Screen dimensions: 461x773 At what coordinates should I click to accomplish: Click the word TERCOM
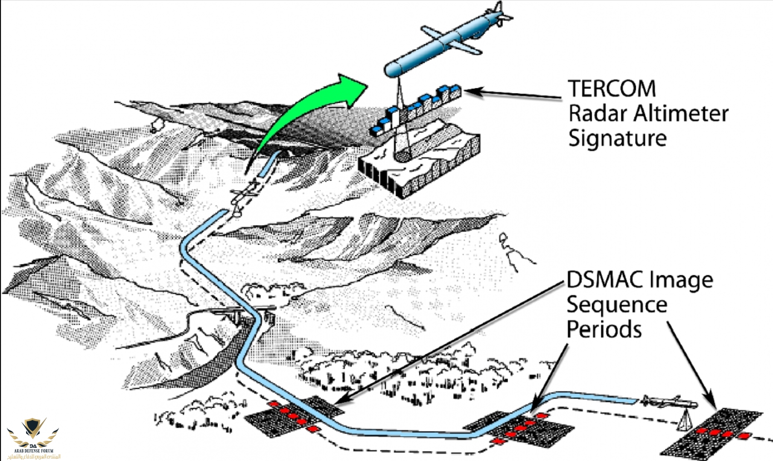tap(612, 89)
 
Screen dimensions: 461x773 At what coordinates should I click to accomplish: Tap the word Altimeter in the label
tap(681, 114)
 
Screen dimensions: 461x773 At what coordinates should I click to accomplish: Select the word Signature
tap(617, 138)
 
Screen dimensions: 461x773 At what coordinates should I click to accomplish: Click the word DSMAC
tap(605, 280)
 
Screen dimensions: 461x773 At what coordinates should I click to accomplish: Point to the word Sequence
tap(617, 305)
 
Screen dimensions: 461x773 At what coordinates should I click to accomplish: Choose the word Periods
tap(604, 330)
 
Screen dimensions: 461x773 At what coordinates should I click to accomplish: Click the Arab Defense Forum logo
tap(33, 435)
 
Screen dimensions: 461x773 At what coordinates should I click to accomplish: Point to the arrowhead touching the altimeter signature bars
tap(470, 90)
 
